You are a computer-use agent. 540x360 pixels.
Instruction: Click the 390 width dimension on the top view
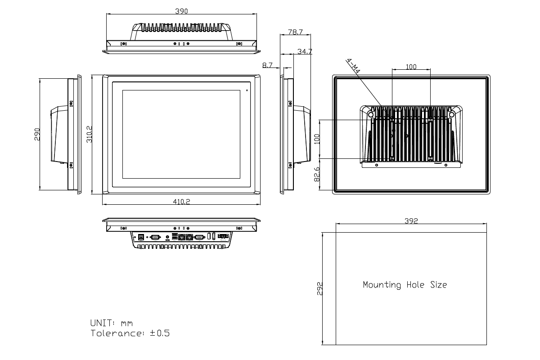[182, 11]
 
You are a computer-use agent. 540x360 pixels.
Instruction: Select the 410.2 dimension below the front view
[182, 202]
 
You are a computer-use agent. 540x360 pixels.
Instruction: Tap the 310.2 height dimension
[89, 134]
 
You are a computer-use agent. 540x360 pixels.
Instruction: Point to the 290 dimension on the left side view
[37, 134]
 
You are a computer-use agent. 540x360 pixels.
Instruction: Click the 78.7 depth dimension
[295, 32]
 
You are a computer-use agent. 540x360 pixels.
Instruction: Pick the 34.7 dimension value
[305, 52]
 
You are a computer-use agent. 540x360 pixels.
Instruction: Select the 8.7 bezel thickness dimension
[267, 65]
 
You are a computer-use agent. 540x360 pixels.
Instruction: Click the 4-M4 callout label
[354, 68]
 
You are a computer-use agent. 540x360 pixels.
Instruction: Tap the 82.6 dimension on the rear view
[316, 174]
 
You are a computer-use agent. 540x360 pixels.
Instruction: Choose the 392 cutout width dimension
[411, 220]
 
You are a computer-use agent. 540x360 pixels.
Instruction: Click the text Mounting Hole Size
[405, 285]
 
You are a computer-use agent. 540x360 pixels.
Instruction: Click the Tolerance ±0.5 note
[130, 333]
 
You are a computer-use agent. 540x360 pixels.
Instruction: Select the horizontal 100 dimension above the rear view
[411, 67]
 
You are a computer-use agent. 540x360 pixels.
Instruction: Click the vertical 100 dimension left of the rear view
[316, 139]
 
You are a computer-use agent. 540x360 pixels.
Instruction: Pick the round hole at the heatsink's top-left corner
[371, 115]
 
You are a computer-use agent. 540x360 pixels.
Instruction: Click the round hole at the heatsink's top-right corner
[452, 115]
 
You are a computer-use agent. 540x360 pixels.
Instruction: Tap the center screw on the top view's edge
[182, 44]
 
